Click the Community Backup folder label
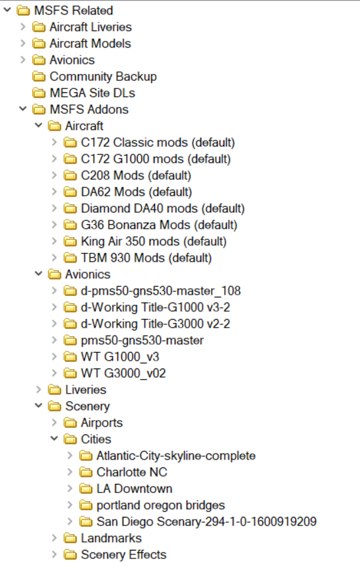[103, 76]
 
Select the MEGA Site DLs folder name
[92, 93]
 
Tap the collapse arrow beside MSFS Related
[7, 10]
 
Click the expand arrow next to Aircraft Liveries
[23, 26]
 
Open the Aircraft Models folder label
[90, 44]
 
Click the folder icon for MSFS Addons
[38, 109]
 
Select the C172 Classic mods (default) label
[158, 142]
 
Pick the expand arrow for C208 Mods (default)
[55, 175]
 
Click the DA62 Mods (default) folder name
[136, 192]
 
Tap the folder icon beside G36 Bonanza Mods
[70, 225]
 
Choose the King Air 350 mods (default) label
[154, 242]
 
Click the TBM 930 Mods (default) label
[146, 258]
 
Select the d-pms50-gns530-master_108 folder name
[161, 291]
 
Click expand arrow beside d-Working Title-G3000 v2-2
[55, 324]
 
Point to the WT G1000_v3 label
[120, 357]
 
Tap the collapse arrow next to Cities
[54, 438]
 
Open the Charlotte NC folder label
[132, 472]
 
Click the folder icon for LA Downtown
[86, 489]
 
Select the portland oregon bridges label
[161, 506]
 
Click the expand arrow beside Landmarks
[55, 538]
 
